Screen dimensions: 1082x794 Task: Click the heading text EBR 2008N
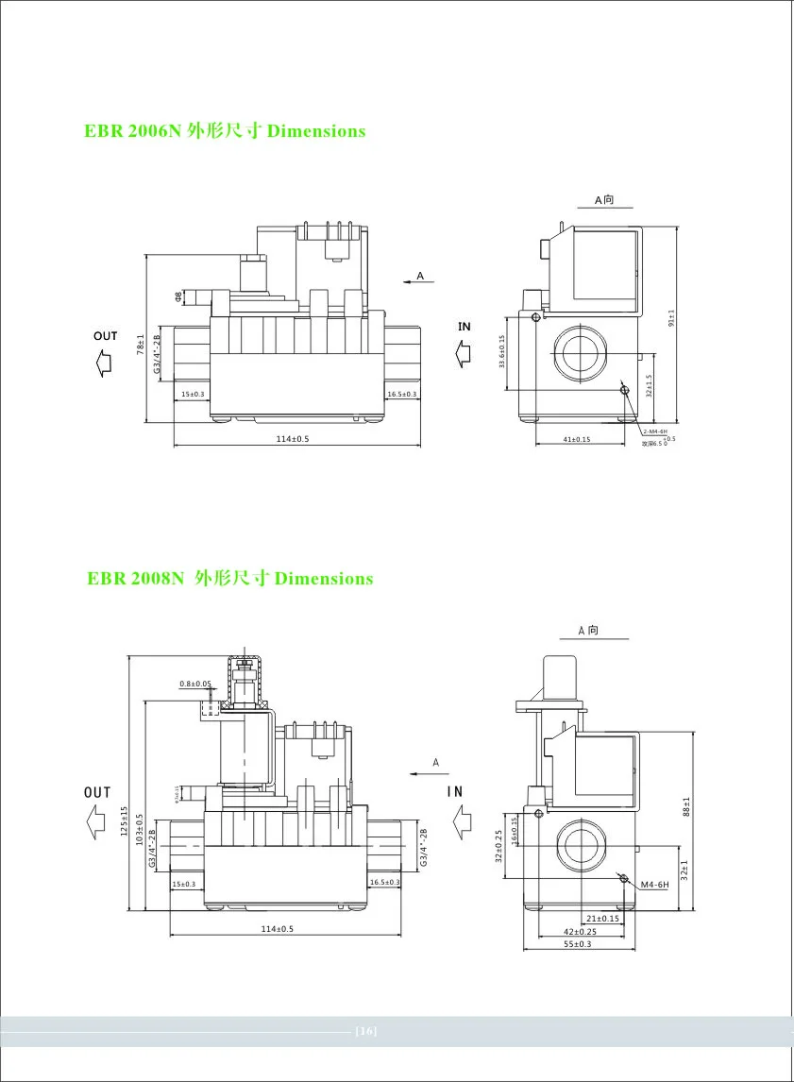[133, 578]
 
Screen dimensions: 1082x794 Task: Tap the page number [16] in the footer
[366, 1030]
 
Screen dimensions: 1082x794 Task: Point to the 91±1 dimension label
[671, 319]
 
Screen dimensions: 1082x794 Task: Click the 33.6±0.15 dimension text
[501, 351]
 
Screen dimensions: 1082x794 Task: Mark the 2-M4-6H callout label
[655, 431]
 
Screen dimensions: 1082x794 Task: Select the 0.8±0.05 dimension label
[195, 683]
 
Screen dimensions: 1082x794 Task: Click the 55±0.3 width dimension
[576, 943]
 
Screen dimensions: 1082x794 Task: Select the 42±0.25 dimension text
[579, 931]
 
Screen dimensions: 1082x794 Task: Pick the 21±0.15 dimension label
[602, 918]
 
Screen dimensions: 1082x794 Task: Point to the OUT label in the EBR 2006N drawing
[106, 336]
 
